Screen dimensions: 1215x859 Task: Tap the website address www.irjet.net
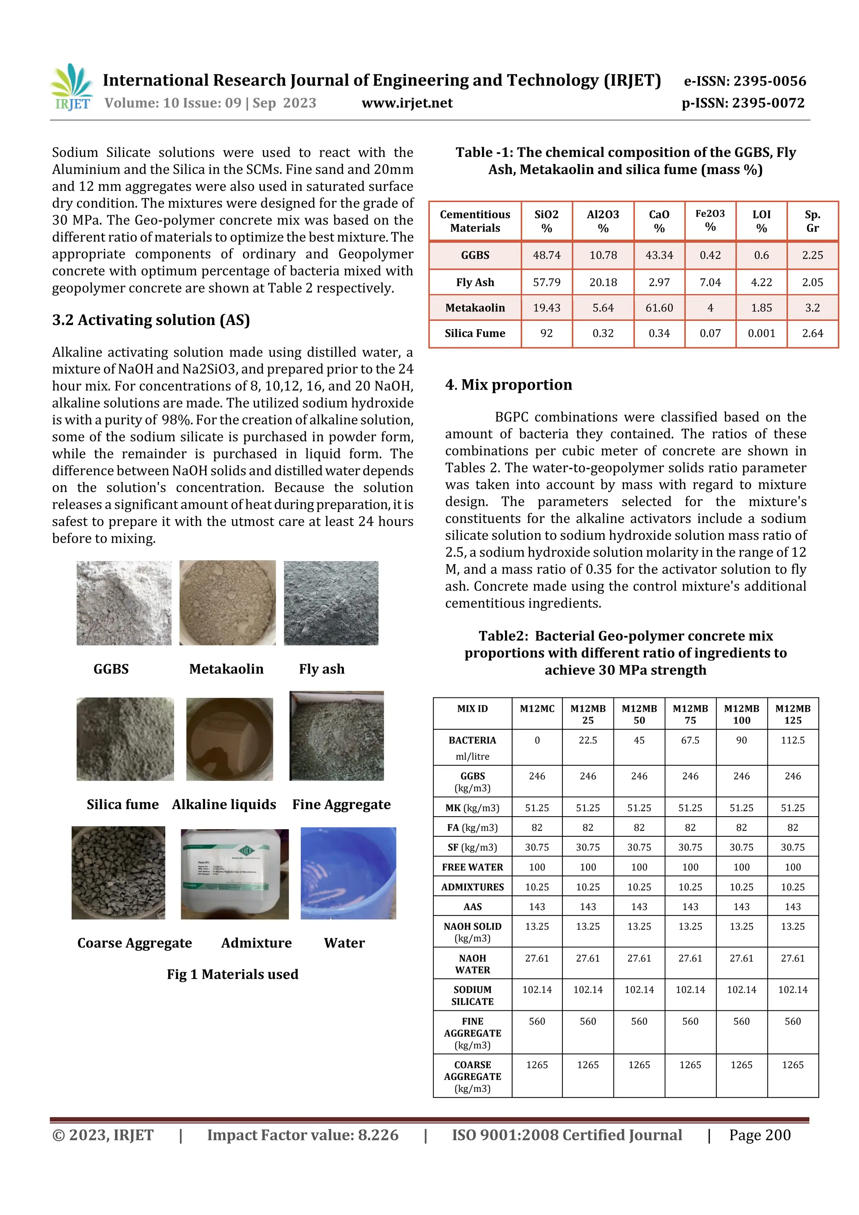click(407, 103)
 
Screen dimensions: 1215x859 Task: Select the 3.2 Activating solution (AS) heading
click(151, 320)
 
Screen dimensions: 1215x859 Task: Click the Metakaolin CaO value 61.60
click(659, 307)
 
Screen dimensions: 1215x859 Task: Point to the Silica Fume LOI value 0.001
click(761, 333)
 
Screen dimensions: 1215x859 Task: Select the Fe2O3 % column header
click(710, 220)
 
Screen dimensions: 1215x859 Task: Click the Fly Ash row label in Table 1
click(475, 282)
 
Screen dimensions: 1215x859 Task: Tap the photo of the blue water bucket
click(348, 873)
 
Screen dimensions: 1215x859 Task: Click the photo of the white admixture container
click(234, 874)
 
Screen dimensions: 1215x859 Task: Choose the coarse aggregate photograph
click(119, 873)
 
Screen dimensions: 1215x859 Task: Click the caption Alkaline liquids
click(224, 804)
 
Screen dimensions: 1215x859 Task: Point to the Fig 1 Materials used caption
click(232, 974)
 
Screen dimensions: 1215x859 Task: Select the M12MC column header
click(537, 708)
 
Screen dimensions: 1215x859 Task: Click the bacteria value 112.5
click(792, 740)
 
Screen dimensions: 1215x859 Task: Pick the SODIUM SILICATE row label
click(472, 995)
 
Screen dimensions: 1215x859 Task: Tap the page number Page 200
click(760, 1134)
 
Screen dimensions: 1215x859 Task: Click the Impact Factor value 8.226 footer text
click(302, 1134)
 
